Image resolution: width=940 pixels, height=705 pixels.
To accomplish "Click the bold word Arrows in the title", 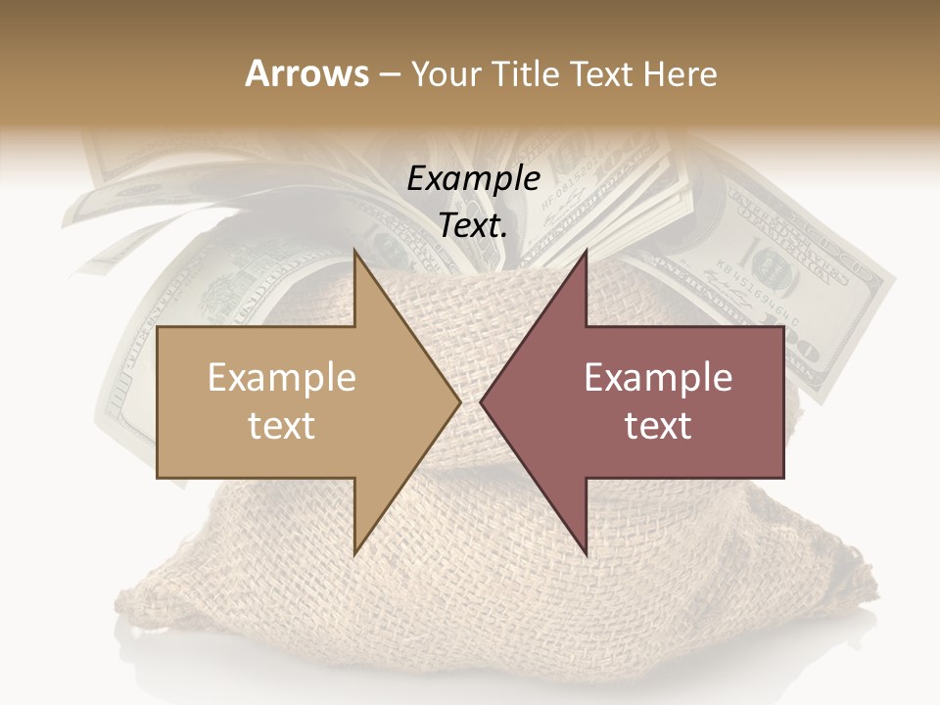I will (x=306, y=73).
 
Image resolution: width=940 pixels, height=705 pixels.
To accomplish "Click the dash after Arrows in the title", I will (x=389, y=74).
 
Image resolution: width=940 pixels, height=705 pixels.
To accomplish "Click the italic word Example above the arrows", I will (x=473, y=179).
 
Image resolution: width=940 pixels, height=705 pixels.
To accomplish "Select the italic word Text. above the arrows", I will (x=473, y=226).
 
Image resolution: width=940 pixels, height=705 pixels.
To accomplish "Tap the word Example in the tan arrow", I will (x=282, y=377).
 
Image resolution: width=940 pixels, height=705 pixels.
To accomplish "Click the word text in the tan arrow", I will (x=282, y=426).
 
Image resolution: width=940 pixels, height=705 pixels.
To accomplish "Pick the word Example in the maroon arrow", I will (x=658, y=377).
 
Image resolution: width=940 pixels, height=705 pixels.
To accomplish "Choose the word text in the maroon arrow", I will (x=658, y=426).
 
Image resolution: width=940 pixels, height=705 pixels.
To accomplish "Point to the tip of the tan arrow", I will (x=460, y=402).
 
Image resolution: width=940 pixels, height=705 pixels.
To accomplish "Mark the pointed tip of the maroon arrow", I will (x=481, y=402).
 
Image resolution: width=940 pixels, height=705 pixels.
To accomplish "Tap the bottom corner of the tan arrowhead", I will (x=354, y=554).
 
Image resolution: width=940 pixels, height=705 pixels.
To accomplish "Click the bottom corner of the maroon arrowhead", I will (x=586, y=554).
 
